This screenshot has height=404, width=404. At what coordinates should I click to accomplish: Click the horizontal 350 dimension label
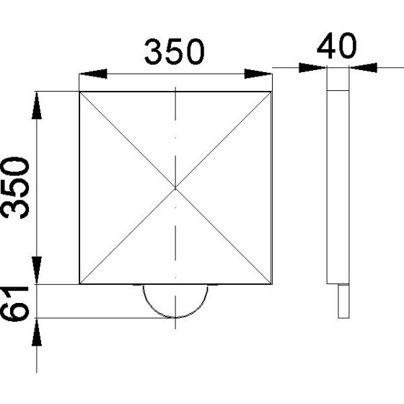click(175, 52)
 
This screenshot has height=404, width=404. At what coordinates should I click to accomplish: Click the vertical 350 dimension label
click(16, 187)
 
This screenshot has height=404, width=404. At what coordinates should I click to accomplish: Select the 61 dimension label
click(16, 302)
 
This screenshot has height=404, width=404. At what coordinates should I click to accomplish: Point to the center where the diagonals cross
click(175, 188)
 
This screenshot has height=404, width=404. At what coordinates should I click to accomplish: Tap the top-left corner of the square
click(79, 92)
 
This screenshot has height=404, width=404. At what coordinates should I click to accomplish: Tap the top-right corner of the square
click(271, 92)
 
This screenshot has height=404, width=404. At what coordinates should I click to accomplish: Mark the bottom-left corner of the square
click(79, 284)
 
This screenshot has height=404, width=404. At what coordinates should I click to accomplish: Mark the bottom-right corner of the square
click(271, 284)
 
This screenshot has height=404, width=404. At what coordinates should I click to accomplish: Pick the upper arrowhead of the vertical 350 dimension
click(37, 105)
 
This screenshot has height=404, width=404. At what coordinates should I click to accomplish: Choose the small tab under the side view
click(342, 301)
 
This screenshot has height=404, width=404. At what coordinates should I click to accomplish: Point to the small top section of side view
click(338, 79)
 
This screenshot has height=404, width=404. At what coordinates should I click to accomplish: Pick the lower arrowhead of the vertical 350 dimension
click(37, 271)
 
